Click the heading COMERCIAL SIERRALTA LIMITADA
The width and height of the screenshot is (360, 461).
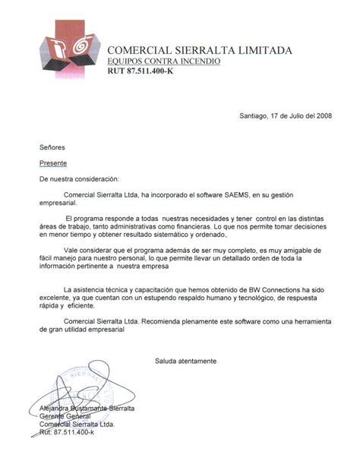click(x=199, y=50)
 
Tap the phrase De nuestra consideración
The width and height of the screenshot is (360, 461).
click(x=80, y=179)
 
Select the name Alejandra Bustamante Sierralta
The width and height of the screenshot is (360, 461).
click(x=87, y=409)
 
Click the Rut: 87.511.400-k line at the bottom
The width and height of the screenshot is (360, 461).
click(x=67, y=432)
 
